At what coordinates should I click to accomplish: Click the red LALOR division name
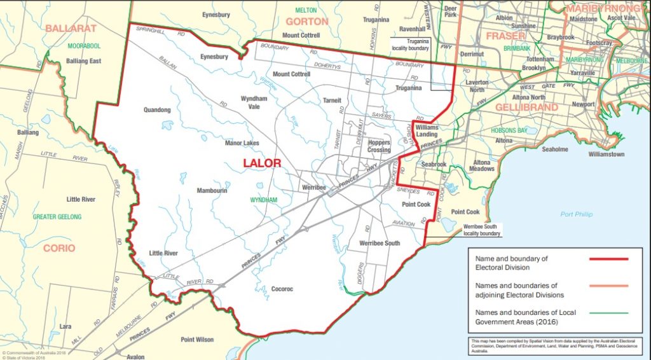coord(262,163)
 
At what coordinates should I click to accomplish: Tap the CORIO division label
coord(59,248)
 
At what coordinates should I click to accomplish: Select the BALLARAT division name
coord(71,29)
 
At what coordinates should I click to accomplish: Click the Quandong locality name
coord(158,109)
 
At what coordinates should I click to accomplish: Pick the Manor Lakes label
coord(242,143)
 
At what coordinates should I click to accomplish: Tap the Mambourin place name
coord(212,191)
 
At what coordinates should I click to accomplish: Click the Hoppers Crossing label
coord(379,146)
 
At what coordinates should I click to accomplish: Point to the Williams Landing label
coord(427,130)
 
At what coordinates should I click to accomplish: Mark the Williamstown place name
coord(606,155)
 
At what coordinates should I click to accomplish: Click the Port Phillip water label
coord(577,214)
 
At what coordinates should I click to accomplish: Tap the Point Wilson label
coord(197,340)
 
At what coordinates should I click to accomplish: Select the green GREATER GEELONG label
coord(57,217)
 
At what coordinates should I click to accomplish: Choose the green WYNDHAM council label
coord(264,200)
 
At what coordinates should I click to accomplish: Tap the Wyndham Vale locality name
coord(254,103)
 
